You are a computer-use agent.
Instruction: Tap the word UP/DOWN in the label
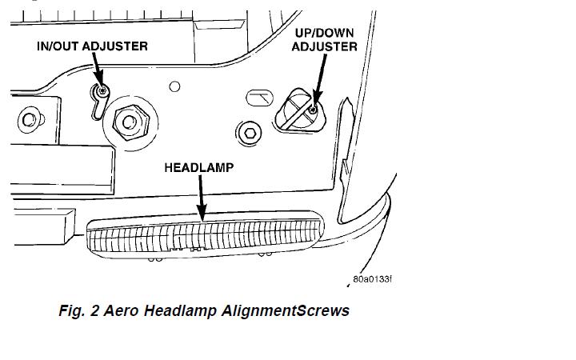pos(324,33)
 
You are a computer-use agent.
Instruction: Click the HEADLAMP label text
pos(199,168)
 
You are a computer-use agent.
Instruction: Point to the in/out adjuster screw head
pos(102,91)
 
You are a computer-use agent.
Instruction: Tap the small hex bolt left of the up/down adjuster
pos(250,130)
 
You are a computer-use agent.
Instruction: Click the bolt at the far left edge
pos(28,120)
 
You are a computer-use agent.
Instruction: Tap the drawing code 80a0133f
pos(372,280)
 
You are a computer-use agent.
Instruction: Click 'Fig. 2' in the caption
pos(80,311)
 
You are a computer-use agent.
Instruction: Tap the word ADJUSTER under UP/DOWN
pos(324,46)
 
